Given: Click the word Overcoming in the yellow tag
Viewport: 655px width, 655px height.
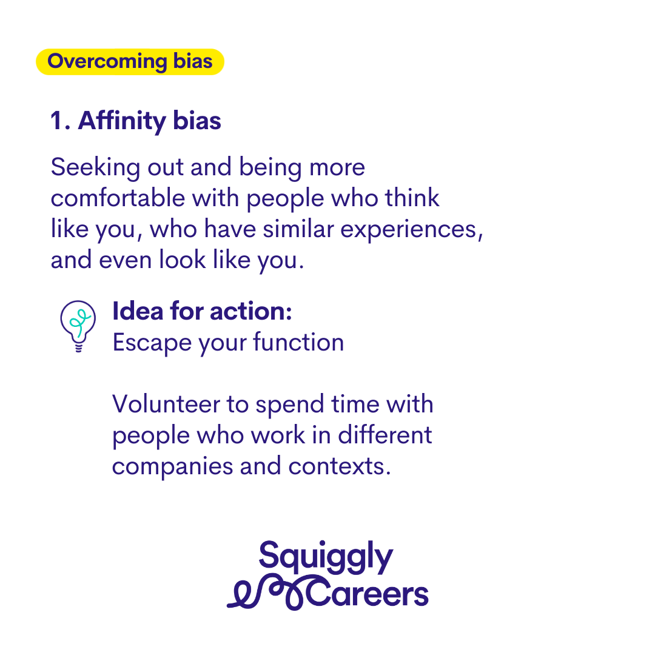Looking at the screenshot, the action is point(107,62).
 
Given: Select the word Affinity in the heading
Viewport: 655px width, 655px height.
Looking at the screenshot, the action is point(122,121).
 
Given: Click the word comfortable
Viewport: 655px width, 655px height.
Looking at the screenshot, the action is point(118,198).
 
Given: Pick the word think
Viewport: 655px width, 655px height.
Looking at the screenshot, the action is point(412,198).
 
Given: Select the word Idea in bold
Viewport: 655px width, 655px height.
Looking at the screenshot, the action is point(138,311).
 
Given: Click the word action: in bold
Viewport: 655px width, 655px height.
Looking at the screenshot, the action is point(250,312).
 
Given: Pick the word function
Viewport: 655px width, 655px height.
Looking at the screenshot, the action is point(298,342).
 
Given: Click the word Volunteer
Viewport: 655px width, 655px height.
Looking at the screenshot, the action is point(166,404).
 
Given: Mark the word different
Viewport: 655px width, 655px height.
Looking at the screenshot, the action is point(385,435).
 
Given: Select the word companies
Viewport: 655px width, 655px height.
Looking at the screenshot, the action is point(172,467).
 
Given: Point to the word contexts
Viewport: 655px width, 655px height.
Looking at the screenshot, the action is point(339,466).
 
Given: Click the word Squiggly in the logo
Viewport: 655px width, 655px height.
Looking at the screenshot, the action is point(326,557).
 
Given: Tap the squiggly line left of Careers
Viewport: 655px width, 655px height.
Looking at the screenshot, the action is point(267,593).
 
